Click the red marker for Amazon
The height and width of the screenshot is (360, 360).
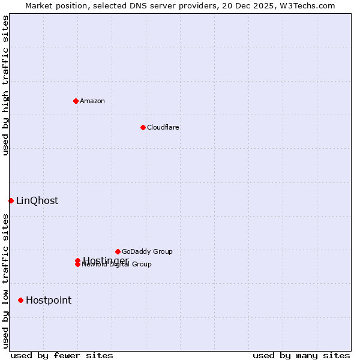pyautogui.click(x=76, y=101)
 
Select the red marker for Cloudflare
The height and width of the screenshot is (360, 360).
pyautogui.click(x=143, y=127)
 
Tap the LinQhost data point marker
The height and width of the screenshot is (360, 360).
pyautogui.click(x=11, y=200)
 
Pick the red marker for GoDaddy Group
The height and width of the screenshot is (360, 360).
pyautogui.click(x=118, y=251)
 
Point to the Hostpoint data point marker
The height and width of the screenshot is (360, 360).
pyautogui.click(x=20, y=300)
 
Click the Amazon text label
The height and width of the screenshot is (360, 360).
pyautogui.click(x=92, y=101)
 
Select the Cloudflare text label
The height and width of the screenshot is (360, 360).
pyautogui.click(x=163, y=127)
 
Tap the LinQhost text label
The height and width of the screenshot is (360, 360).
pyautogui.click(x=37, y=201)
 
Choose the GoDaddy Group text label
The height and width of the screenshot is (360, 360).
pyautogui.click(x=147, y=251)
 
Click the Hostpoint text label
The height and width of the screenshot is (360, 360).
pyautogui.click(x=49, y=301)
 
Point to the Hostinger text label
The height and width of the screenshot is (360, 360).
pyautogui.click(x=106, y=260)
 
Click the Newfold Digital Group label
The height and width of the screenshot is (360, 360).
pyautogui.click(x=118, y=265)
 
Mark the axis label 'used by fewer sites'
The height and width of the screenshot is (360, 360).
pyautogui.click(x=62, y=355)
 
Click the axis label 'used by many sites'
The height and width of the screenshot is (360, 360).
pyautogui.click(x=301, y=355)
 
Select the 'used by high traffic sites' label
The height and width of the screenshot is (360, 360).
pyautogui.click(x=5, y=85)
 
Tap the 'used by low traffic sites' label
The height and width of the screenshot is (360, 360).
pyautogui.click(x=5, y=281)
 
